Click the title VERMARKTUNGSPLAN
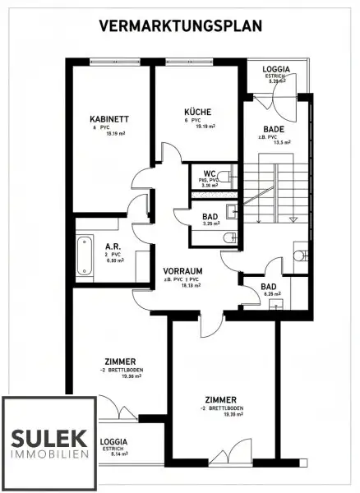[180, 25]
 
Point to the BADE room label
[274, 130]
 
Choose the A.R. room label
[113, 246]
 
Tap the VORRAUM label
[182, 270]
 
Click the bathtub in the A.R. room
[85, 255]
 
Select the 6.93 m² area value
[113, 260]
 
